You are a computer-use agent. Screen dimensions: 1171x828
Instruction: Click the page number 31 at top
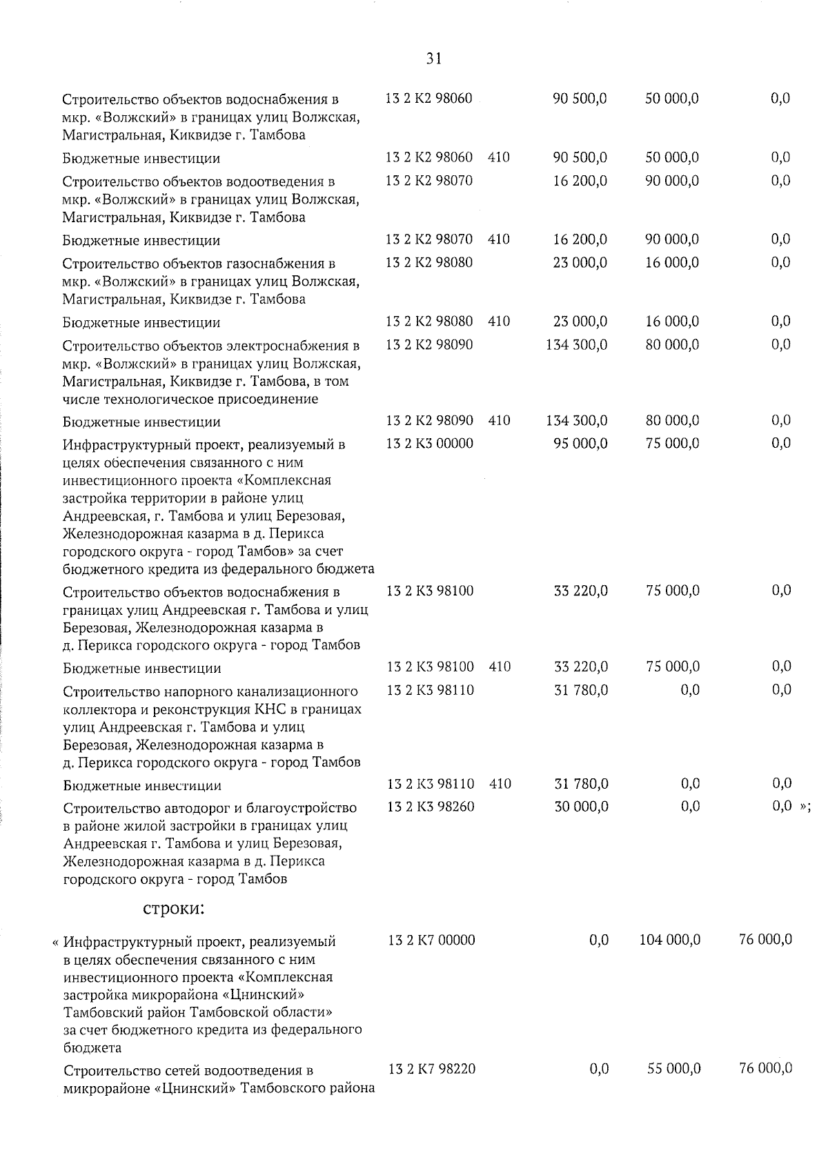point(434,59)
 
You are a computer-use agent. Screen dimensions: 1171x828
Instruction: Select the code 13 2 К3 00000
point(430,444)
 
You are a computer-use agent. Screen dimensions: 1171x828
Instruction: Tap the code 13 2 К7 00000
point(431,941)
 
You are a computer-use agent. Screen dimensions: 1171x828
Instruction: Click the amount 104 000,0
point(671,941)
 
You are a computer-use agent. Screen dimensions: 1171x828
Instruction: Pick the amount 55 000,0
point(674,1069)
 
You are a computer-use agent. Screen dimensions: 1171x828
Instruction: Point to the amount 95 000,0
point(580,444)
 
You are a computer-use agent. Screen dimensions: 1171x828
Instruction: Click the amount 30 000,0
point(581,807)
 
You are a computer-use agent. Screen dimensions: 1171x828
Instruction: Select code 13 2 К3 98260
point(431,807)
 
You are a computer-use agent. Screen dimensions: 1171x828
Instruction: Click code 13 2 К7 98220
point(431,1069)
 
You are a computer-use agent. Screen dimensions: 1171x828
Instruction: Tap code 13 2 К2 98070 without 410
point(429,181)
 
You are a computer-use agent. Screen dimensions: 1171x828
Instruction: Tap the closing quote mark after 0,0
point(804,807)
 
